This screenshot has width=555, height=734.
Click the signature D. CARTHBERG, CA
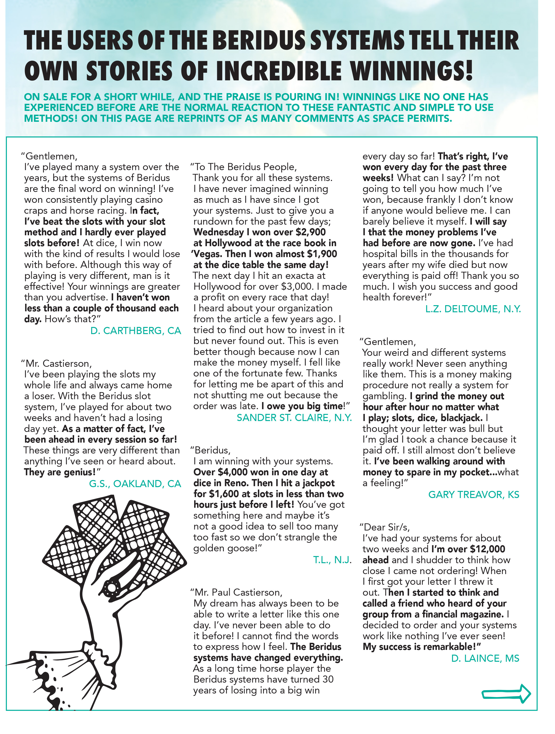point(136,331)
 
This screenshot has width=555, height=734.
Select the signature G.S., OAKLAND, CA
point(135,484)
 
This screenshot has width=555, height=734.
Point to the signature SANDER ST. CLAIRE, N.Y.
point(294,418)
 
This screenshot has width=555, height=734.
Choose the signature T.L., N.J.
point(332,560)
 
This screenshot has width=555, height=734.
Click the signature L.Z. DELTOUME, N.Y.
point(473,309)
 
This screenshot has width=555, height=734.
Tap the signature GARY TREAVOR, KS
point(474,495)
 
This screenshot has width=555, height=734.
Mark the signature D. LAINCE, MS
point(485,658)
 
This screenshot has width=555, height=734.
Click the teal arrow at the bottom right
point(506,693)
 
